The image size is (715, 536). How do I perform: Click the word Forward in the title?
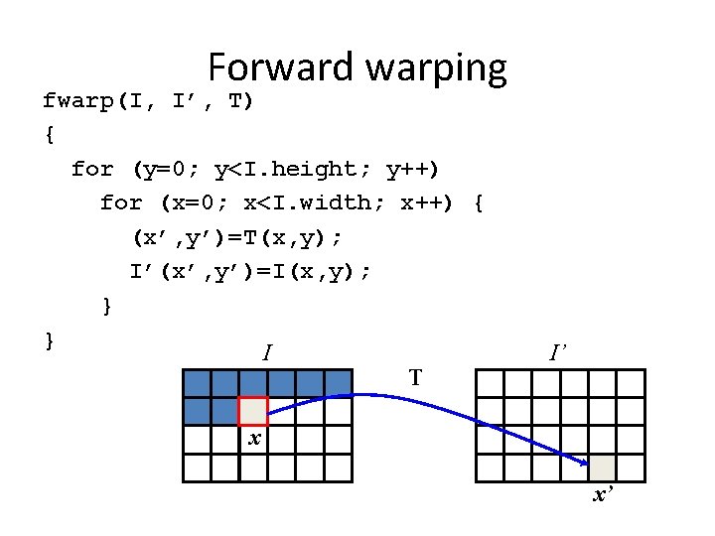(281, 67)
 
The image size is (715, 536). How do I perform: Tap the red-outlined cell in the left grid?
(253, 411)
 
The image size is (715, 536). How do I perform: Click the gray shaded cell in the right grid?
(603, 468)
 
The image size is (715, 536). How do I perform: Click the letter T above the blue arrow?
(415, 377)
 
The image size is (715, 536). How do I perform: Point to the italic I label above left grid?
(266, 351)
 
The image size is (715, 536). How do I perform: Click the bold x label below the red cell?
(254, 438)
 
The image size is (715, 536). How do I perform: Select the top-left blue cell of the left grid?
(197, 383)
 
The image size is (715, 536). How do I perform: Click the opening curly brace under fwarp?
(50, 135)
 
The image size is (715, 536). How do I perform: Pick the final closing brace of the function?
(50, 340)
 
